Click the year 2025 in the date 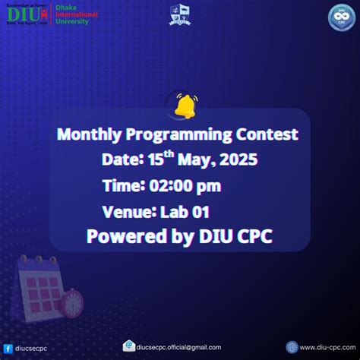pyautogui.click(x=236, y=159)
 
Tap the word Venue pyautogui.click(x=126, y=211)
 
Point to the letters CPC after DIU pyautogui.click(x=250, y=237)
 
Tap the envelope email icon pyautogui.click(x=129, y=346)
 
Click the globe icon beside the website pyautogui.click(x=292, y=346)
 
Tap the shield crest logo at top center pyautogui.click(x=180, y=15)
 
